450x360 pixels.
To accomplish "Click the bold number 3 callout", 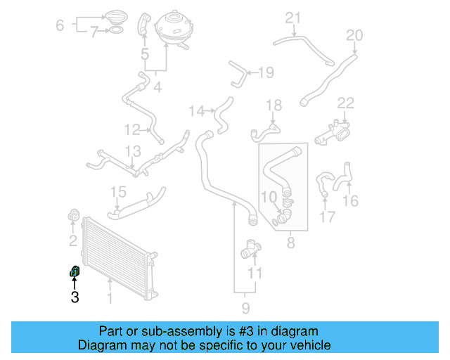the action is click(75, 297).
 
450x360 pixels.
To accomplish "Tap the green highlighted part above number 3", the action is click(74, 271).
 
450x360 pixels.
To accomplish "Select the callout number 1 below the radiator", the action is click(110, 298).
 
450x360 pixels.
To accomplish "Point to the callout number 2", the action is click(72, 242).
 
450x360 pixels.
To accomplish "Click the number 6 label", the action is click(60, 25).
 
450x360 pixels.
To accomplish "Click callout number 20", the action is click(354, 35).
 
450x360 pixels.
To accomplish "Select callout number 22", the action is click(345, 103).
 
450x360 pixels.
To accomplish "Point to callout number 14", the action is click(196, 110).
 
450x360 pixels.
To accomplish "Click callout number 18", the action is click(274, 105).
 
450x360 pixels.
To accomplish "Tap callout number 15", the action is click(118, 192).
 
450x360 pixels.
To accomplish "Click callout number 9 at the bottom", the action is click(245, 308).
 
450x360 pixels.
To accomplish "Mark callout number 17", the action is click(328, 217).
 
